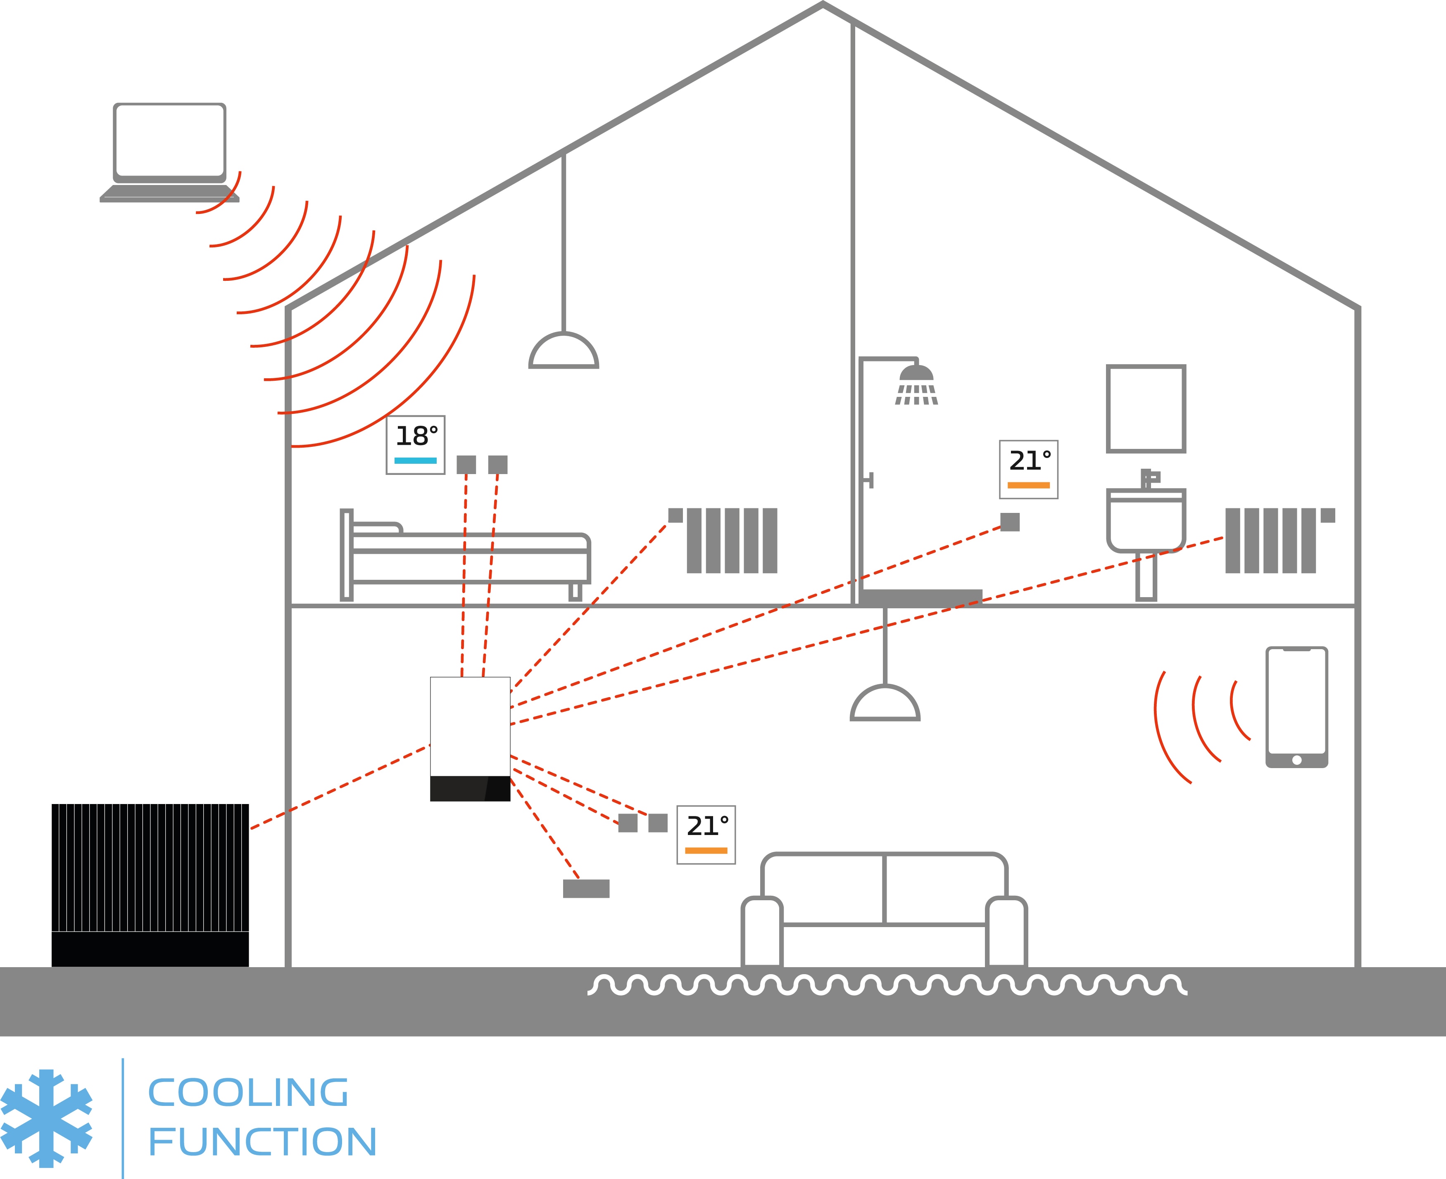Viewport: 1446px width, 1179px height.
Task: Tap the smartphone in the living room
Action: click(x=1296, y=706)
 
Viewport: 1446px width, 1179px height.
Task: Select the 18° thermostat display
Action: click(x=415, y=445)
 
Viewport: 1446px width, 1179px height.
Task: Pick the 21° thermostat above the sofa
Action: click(x=706, y=835)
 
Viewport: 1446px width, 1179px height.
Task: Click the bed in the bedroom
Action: click(x=466, y=557)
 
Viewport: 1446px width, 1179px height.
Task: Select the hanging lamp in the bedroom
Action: click(x=563, y=350)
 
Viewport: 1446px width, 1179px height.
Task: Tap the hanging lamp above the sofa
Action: click(x=885, y=703)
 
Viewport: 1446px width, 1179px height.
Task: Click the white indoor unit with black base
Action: click(x=470, y=738)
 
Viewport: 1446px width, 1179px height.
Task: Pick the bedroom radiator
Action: click(x=731, y=541)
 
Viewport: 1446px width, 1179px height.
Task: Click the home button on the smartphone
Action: click(x=1296, y=760)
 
